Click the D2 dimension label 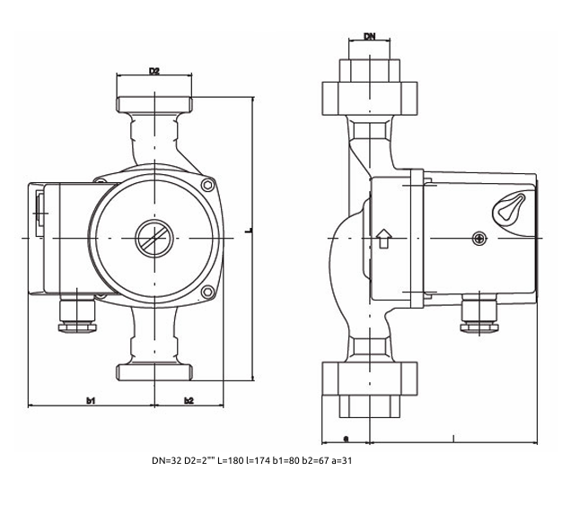pyautogui.click(x=154, y=71)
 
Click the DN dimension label pyautogui.click(x=369, y=37)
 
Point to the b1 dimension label pyautogui.click(x=91, y=399)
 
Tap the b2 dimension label pyautogui.click(x=189, y=399)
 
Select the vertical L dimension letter pyautogui.click(x=248, y=231)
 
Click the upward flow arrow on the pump pyautogui.click(x=383, y=238)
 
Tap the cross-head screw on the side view pyautogui.click(x=479, y=238)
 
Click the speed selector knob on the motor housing pyautogui.click(x=507, y=208)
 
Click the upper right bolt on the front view pyautogui.click(x=208, y=186)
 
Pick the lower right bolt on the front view pyautogui.click(x=208, y=292)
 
